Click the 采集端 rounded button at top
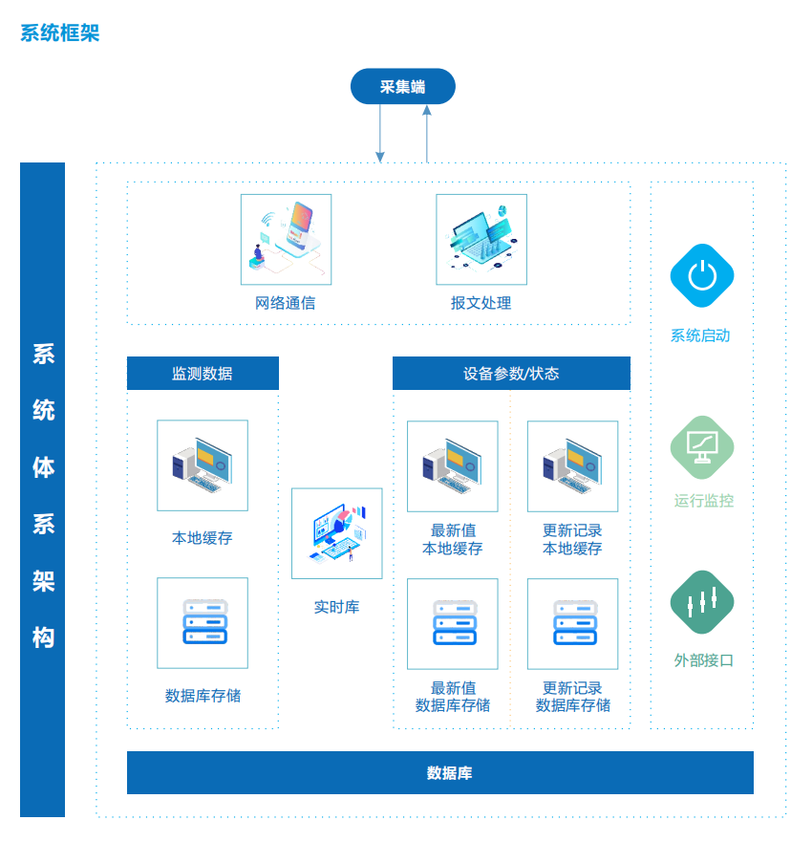pyautogui.click(x=402, y=86)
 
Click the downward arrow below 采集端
pyautogui.click(x=380, y=133)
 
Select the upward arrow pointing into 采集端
pyautogui.click(x=427, y=133)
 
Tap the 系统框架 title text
pyautogui.click(x=60, y=32)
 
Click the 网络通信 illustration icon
pyautogui.click(x=286, y=240)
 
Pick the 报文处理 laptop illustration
pyautogui.click(x=481, y=240)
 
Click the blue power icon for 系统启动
pyautogui.click(x=702, y=275)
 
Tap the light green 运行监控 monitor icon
pyautogui.click(x=702, y=447)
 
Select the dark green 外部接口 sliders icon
pyautogui.click(x=702, y=602)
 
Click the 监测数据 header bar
pyautogui.click(x=203, y=373)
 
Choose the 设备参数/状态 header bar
pyautogui.click(x=511, y=373)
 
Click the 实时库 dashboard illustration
pyautogui.click(x=337, y=533)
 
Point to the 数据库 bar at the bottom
pyautogui.click(x=440, y=772)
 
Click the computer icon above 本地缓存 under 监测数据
pyautogui.click(x=203, y=465)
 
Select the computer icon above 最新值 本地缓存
pyautogui.click(x=453, y=466)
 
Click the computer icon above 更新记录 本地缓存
pyautogui.click(x=572, y=466)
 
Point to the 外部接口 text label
pyautogui.click(x=704, y=660)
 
